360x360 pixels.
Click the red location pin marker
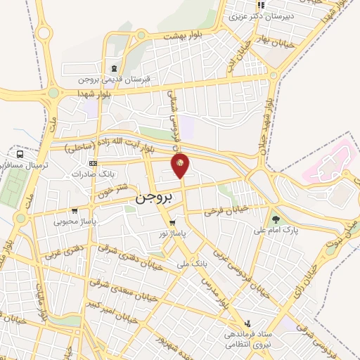[x=181, y=165]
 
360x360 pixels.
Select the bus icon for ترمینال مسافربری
[x=20, y=154]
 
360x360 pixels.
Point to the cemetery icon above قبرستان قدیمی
[x=114, y=68]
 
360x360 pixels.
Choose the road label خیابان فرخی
[x=227, y=208]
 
